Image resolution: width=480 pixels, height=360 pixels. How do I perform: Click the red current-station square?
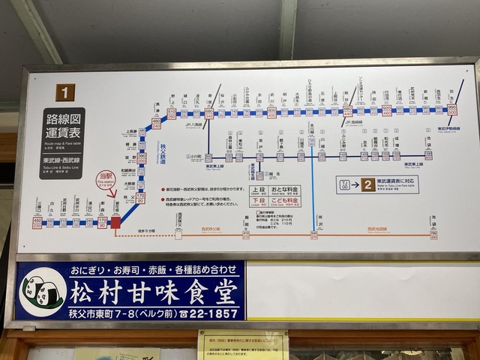(x=116, y=222)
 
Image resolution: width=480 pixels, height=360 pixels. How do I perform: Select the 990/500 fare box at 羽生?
(x=452, y=110)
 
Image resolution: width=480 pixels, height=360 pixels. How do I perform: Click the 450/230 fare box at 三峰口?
(x=37, y=223)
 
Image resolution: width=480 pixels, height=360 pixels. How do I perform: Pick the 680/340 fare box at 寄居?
(x=209, y=113)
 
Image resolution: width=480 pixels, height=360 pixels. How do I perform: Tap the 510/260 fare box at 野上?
(x=172, y=114)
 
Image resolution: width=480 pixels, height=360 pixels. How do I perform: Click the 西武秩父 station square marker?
(x=178, y=233)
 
